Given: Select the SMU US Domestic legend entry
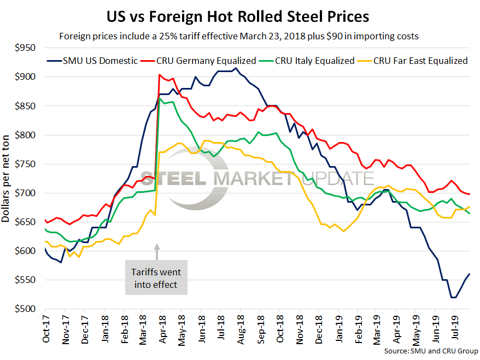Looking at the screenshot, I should click(x=92, y=61).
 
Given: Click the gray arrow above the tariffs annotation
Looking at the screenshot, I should click(x=157, y=251).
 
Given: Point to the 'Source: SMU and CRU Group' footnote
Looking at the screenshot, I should click(x=431, y=351).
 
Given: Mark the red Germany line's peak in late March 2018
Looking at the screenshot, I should click(x=159, y=75).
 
